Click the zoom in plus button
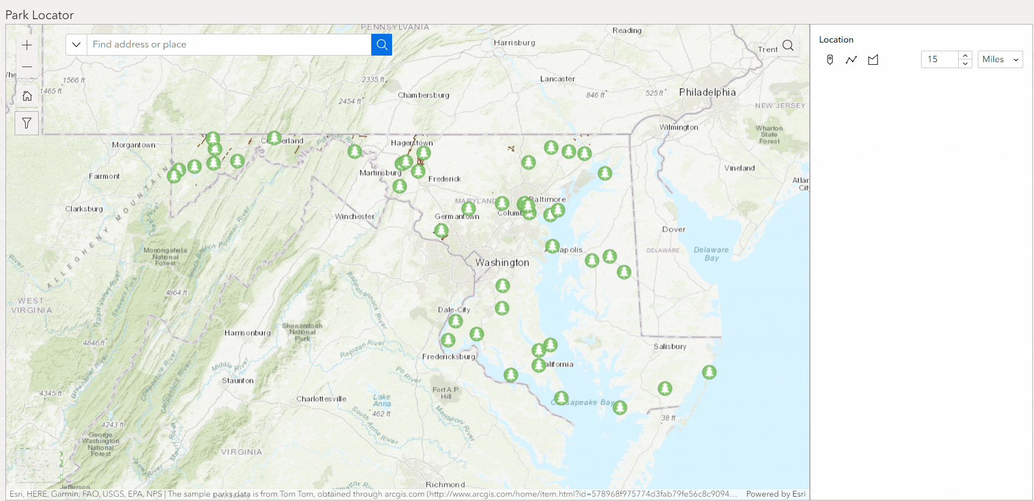[27, 45]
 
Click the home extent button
[27, 96]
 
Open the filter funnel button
[27, 123]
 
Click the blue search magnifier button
[382, 45]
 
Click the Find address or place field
[229, 45]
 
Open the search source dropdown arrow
[76, 45]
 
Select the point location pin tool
[830, 59]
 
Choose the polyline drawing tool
[851, 59]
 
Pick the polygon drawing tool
[873, 59]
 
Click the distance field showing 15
[939, 59]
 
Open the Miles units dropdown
[1000, 59]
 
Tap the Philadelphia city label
[707, 93]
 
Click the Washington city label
[502, 263]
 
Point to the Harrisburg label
[514, 43]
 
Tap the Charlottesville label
[321, 399]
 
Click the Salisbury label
[670, 347]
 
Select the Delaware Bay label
[711, 254]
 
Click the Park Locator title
[40, 15]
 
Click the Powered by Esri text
[775, 494]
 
